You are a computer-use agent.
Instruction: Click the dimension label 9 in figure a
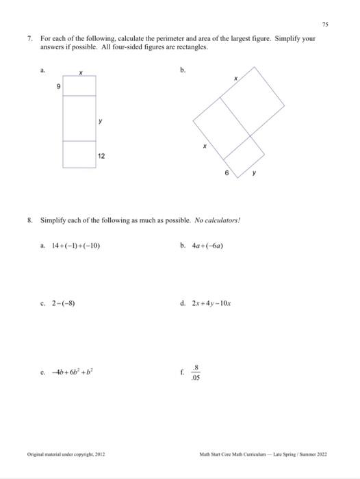pos(60,86)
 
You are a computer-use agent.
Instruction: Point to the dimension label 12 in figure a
pos(101,157)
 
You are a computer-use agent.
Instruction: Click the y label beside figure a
pos(101,121)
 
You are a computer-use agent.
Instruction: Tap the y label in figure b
pos(255,173)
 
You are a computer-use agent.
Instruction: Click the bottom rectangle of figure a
pos(80,154)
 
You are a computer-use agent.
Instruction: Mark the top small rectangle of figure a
pos(80,86)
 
